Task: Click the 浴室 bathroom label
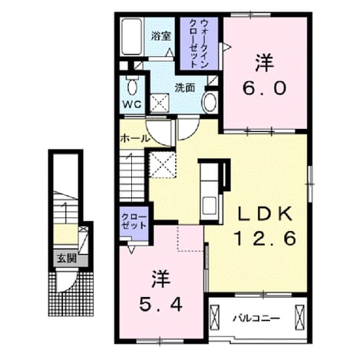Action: pos(160,36)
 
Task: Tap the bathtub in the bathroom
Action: pos(132,36)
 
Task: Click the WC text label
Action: pos(132,104)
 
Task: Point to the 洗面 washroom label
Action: pos(185,88)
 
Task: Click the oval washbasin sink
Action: pos(210,102)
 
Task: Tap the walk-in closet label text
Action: pos(199,43)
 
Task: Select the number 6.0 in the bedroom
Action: pos(264,88)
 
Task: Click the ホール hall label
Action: pos(134,138)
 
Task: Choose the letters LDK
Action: pos(265,213)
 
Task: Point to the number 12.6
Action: pos(265,238)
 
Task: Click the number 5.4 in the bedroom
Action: pos(160,305)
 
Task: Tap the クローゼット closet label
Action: pos(134,222)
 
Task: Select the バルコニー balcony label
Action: pos(256,319)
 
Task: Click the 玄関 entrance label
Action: pos(67,259)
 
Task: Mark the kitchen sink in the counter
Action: pos(210,206)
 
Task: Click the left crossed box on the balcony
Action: pos(214,318)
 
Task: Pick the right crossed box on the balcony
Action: pos(299,318)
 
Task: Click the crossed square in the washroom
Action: pos(160,103)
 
